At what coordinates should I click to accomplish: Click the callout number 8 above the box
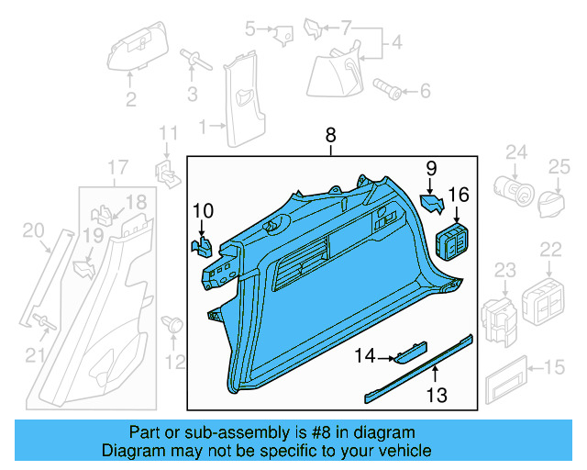pyautogui.click(x=331, y=136)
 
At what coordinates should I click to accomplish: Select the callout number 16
pyautogui.click(x=458, y=194)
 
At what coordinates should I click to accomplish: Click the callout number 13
pyautogui.click(x=437, y=396)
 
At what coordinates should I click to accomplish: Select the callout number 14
pyautogui.click(x=366, y=355)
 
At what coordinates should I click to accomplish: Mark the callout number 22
pyautogui.click(x=550, y=250)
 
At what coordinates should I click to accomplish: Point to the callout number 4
pyautogui.click(x=396, y=42)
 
